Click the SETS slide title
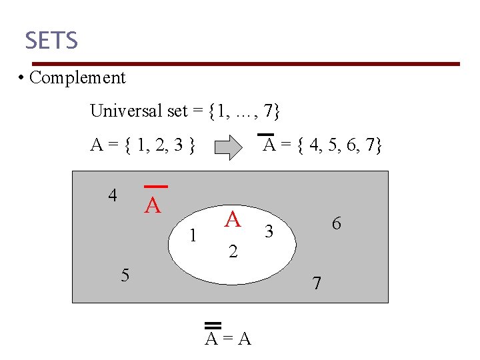(x=51, y=41)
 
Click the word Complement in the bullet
(x=77, y=77)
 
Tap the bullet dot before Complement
(x=22, y=78)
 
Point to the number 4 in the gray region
(x=113, y=195)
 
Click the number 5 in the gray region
(x=125, y=275)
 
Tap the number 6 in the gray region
(x=336, y=224)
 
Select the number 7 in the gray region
(x=317, y=283)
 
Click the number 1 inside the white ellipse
(x=193, y=235)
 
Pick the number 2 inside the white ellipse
(x=233, y=252)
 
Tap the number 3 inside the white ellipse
(x=269, y=232)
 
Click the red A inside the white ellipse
(x=233, y=219)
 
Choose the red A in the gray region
(x=153, y=206)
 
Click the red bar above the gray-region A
(x=155, y=187)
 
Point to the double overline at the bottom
(x=213, y=325)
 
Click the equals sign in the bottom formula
(x=229, y=339)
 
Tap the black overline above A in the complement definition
(x=266, y=135)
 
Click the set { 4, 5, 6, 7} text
(x=339, y=145)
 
